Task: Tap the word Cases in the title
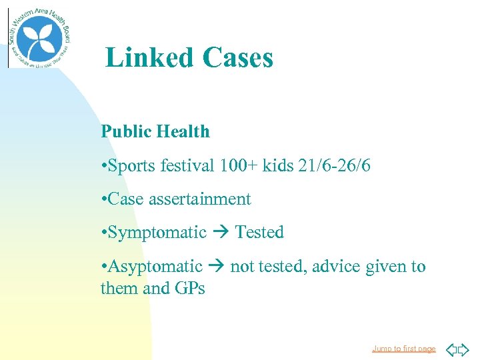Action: coord(238,58)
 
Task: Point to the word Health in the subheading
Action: coord(183,132)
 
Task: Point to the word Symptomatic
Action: coord(157,233)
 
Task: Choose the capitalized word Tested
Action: coord(259,233)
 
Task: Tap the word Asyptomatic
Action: coord(155,267)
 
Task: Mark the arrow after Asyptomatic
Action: coord(216,267)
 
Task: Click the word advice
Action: coord(334,267)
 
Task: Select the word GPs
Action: coord(190,289)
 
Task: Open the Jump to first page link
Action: coord(404,349)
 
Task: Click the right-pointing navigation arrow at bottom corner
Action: coord(463,349)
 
